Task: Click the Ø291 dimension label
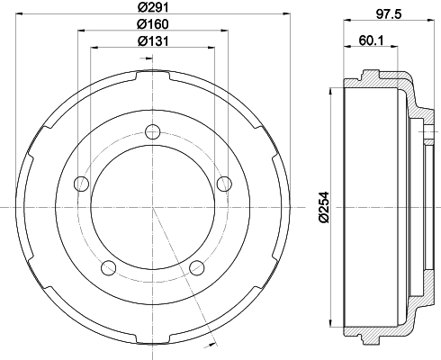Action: click(153, 9)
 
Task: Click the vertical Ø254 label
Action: click(324, 207)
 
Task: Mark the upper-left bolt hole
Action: click(82, 184)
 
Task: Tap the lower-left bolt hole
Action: click(110, 266)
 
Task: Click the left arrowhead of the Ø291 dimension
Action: click(27, 15)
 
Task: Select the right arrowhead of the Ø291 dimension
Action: click(279, 15)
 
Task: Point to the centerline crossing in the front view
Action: click(153, 207)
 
